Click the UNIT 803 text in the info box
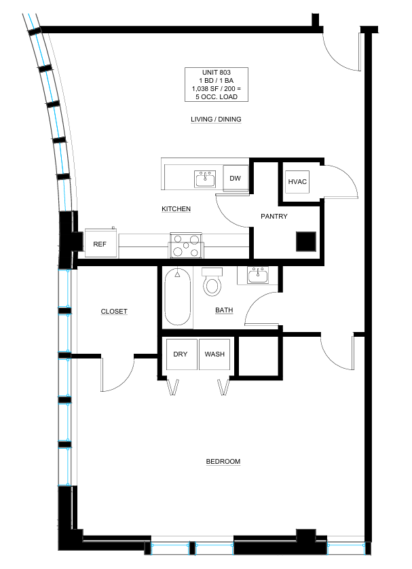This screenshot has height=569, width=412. (x=216, y=72)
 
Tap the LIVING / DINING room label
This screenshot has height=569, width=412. (x=216, y=119)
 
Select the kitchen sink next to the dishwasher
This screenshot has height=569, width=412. (x=205, y=179)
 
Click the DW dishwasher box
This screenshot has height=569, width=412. (x=236, y=178)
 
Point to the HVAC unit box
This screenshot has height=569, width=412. (x=297, y=181)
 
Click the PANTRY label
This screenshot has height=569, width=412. (x=274, y=217)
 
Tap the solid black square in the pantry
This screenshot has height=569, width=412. (x=306, y=241)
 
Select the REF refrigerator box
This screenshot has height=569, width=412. (x=100, y=243)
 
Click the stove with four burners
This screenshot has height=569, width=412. (x=186, y=245)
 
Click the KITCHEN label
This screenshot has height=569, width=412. (x=176, y=208)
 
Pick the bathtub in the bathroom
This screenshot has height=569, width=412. (x=178, y=297)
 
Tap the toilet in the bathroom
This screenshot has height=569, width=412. (x=212, y=282)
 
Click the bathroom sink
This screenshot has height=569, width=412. (x=258, y=275)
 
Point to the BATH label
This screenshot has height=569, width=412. (x=224, y=310)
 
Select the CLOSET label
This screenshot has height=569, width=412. (x=114, y=312)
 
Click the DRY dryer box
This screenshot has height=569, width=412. (x=181, y=354)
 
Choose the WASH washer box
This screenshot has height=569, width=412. (x=214, y=354)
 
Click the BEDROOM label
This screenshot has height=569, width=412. (x=223, y=461)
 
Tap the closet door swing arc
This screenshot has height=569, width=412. (x=126, y=382)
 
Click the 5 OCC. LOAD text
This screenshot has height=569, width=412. (x=217, y=97)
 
